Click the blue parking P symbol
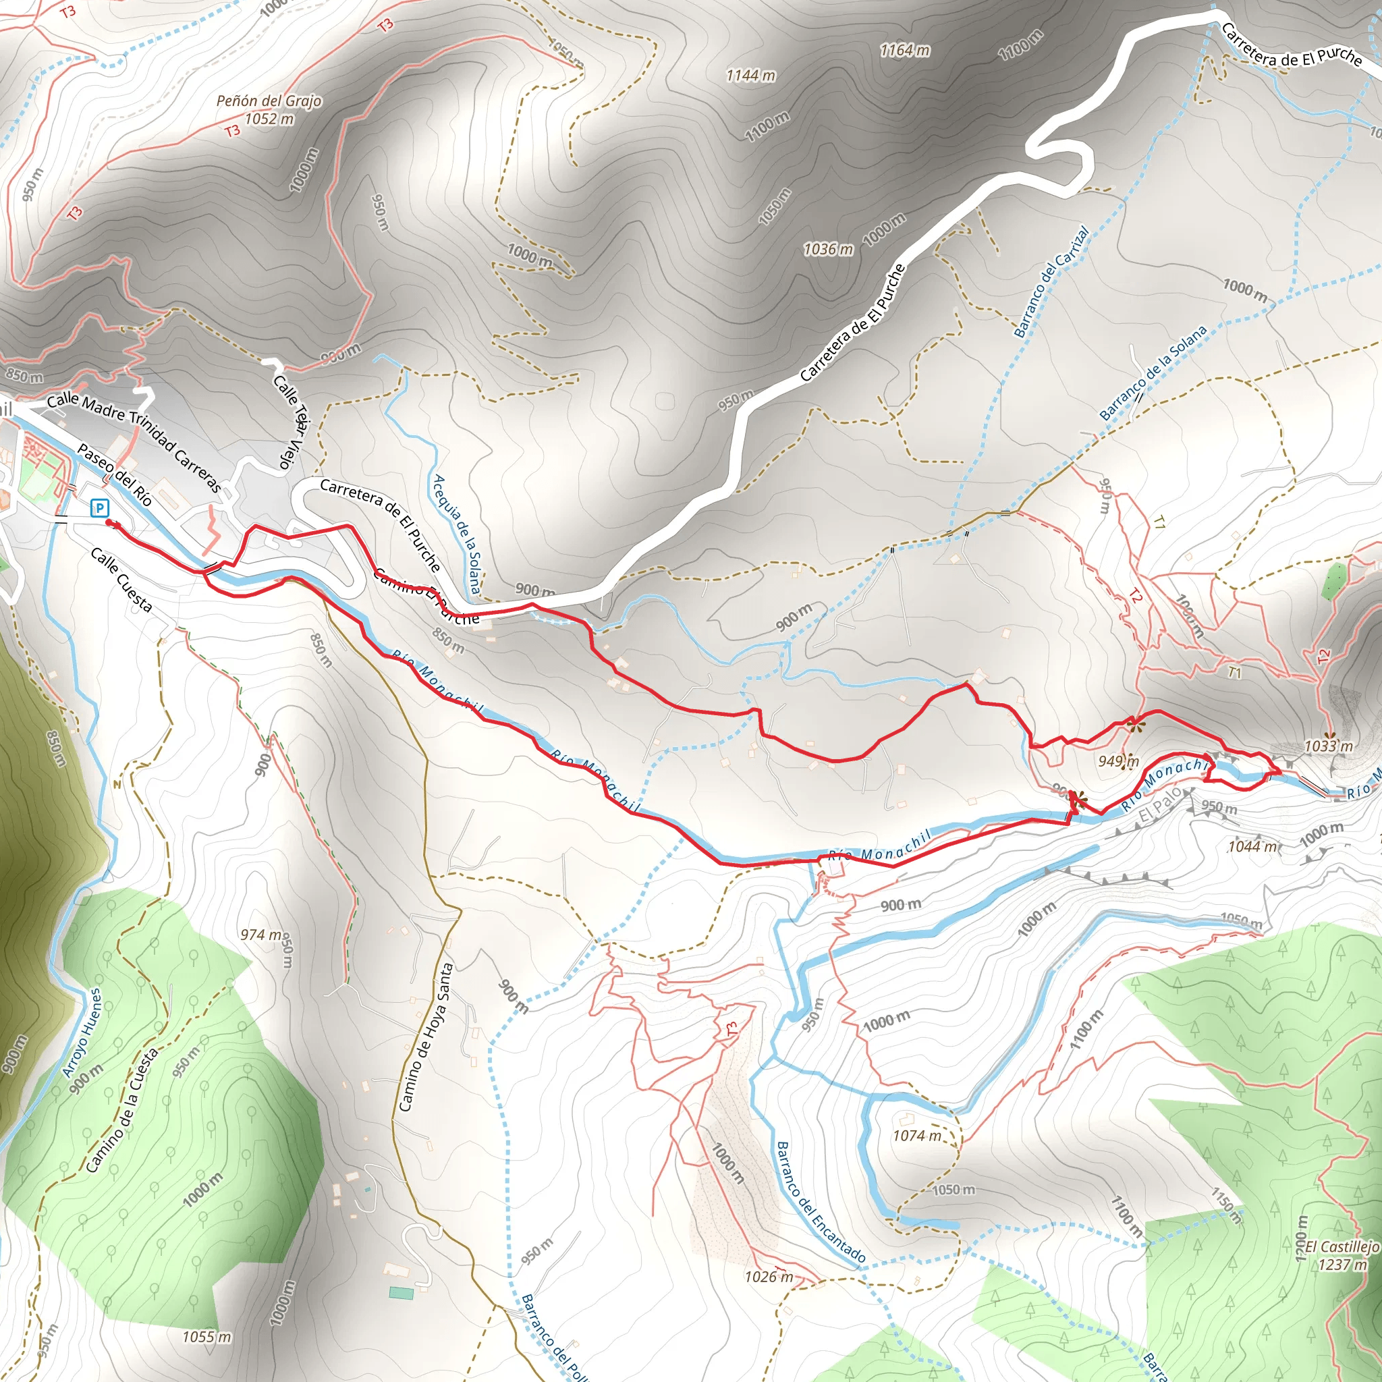100,509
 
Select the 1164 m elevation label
905,50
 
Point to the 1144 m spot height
750,75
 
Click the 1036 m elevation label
829,250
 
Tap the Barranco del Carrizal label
1051,282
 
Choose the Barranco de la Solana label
1153,372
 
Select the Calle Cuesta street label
121,581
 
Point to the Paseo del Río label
115,475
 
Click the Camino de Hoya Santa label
426,1037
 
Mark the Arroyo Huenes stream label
82,1034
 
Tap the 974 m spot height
262,935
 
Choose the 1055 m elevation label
206,1337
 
